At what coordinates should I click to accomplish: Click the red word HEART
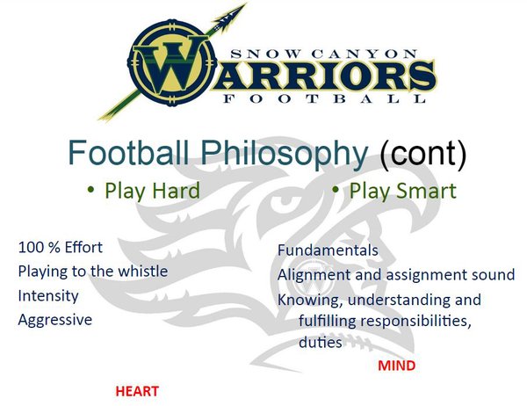[137, 391]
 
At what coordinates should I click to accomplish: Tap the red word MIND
[397, 366]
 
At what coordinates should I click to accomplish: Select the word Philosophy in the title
[285, 152]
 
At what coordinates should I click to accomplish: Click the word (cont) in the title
[423, 153]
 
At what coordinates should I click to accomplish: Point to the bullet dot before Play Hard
[90, 189]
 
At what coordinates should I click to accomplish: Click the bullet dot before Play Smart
[336, 189]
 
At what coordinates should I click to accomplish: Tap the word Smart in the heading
[427, 191]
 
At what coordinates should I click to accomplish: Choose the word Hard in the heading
[177, 191]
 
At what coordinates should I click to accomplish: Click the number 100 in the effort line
[31, 248]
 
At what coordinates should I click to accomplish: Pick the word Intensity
[48, 296]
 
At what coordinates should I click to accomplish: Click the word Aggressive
[55, 320]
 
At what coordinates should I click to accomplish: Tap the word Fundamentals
[328, 250]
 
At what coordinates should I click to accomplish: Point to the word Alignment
[314, 275]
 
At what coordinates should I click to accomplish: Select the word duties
[321, 343]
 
